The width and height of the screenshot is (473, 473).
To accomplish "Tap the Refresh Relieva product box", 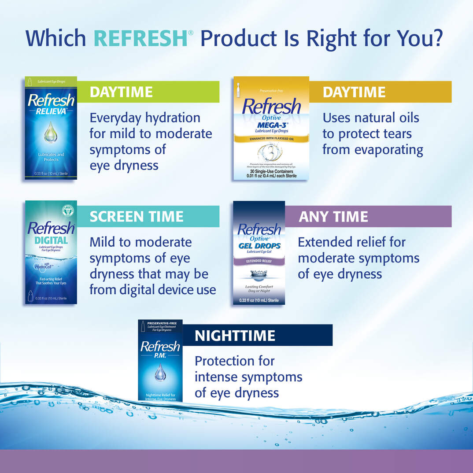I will click(51, 128).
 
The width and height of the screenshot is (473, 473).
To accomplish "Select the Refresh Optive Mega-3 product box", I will click(271, 128).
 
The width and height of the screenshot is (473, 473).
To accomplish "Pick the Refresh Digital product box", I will click(51, 252).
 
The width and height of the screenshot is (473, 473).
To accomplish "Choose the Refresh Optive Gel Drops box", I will click(259, 253).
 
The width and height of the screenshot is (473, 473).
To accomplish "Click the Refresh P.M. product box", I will click(160, 361).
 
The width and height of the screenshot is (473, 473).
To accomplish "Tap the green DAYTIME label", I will click(148, 92).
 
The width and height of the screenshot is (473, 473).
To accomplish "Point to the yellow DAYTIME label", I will click(380, 92).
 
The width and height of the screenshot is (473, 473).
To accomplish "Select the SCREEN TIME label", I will click(148, 216).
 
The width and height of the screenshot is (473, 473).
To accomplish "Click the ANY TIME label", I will click(368, 216).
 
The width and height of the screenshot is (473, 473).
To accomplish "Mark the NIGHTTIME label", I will click(257, 336).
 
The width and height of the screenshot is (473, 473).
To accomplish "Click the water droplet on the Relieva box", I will click(51, 133).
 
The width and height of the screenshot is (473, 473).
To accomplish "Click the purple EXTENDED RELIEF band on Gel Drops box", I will click(259, 261).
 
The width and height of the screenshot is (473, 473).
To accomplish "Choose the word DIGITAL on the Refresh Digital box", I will click(51, 240).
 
